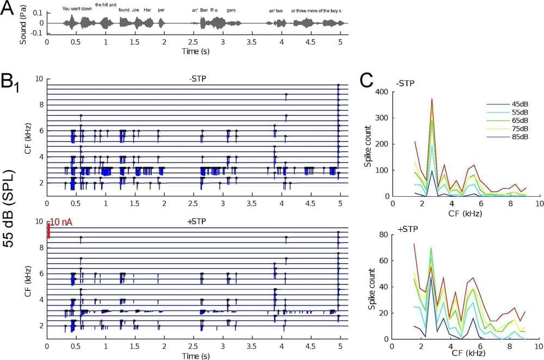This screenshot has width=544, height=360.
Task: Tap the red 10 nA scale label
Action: (x=63, y=222)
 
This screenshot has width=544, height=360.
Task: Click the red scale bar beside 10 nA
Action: (x=48, y=230)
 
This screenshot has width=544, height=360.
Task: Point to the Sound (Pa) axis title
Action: (x=23, y=23)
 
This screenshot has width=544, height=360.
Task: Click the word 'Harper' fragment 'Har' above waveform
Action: (x=147, y=10)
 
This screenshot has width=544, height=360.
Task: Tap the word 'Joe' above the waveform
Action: (x=135, y=10)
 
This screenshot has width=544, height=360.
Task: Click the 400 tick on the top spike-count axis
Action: (x=380, y=92)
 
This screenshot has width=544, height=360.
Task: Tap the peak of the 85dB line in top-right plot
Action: (x=431, y=99)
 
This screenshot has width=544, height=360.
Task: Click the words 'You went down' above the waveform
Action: (x=77, y=8)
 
